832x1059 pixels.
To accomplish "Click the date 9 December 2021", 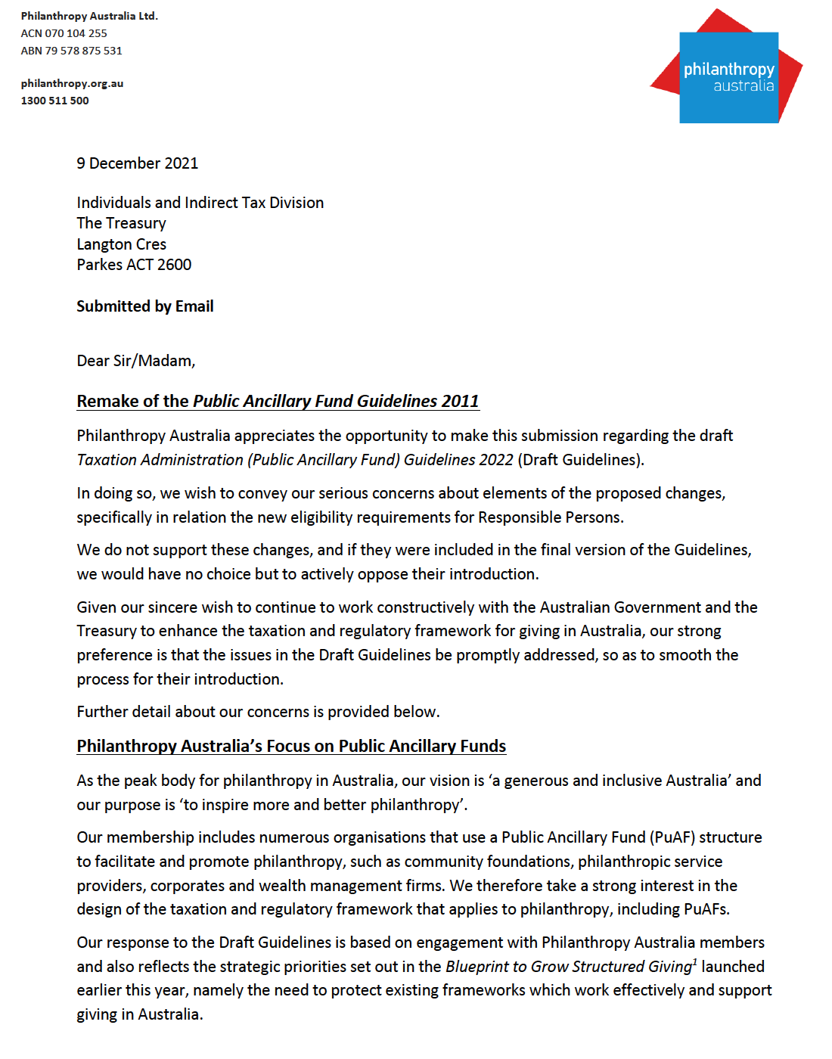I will [x=137, y=163].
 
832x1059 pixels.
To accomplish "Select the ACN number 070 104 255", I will [x=76, y=33].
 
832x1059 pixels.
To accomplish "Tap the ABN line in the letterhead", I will [x=71, y=51].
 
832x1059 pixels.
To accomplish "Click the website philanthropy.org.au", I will [x=72, y=83].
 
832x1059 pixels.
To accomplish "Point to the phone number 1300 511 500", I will [x=54, y=101].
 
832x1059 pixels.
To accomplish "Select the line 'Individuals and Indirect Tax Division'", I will [x=200, y=203].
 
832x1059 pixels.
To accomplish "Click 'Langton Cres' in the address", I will [x=121, y=244].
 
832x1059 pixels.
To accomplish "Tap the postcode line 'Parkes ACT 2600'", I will [x=134, y=265].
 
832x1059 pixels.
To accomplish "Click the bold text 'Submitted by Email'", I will [x=144, y=306].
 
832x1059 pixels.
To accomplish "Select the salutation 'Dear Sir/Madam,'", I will [x=135, y=361].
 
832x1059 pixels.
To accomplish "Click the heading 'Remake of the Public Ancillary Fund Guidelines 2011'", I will [x=278, y=401].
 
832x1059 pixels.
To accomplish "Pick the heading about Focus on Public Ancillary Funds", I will [x=291, y=746].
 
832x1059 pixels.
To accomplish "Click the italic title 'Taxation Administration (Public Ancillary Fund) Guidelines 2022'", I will [x=295, y=460].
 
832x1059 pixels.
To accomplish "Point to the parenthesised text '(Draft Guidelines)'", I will [x=580, y=460].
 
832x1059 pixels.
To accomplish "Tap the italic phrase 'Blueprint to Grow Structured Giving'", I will [x=568, y=967].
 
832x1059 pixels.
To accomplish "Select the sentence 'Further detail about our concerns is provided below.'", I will [x=258, y=712].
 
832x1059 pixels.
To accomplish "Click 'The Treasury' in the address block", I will [x=121, y=223].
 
